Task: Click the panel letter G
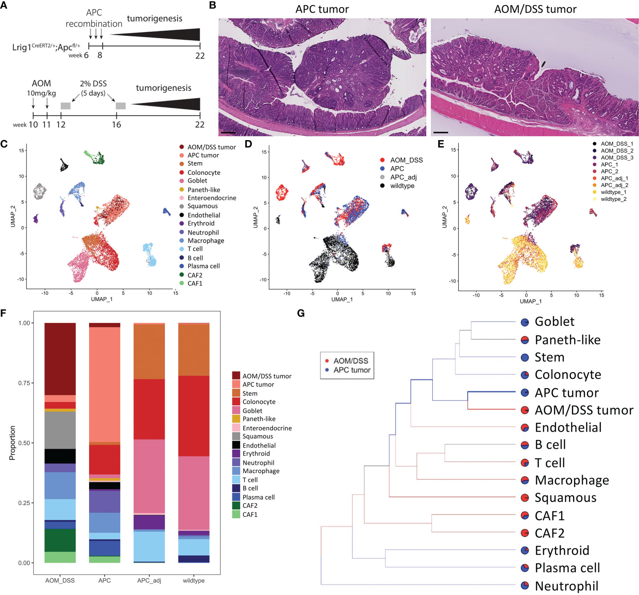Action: (x=301, y=313)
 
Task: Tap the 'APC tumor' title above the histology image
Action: (x=322, y=9)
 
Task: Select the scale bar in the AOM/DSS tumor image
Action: (x=441, y=132)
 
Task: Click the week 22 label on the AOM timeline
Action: (x=199, y=124)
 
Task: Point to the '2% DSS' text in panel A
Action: (x=93, y=83)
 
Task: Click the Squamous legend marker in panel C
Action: (x=182, y=206)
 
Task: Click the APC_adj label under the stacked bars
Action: (x=149, y=580)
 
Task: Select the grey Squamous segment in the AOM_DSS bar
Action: (x=60, y=430)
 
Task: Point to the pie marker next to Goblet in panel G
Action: (x=525, y=322)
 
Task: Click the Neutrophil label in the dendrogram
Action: (x=566, y=586)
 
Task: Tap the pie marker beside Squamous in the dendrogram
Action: (x=525, y=498)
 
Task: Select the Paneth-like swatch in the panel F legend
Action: (x=236, y=419)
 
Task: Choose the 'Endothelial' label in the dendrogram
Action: (x=568, y=427)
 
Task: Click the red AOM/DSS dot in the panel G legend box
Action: (x=327, y=361)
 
